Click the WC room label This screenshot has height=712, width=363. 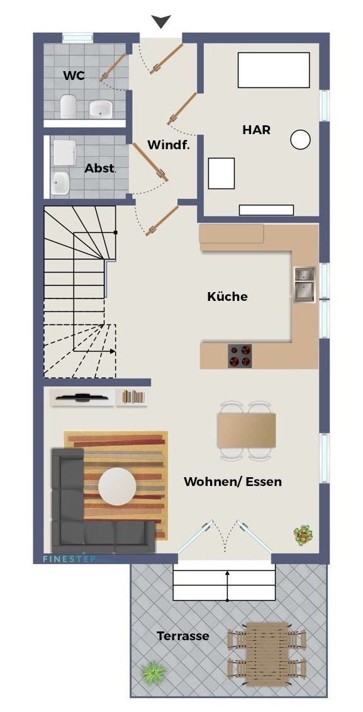pyautogui.click(x=74, y=76)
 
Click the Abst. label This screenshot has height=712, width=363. pyautogui.click(x=100, y=168)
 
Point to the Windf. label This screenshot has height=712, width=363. pyautogui.click(x=168, y=145)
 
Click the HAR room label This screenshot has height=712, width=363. pyautogui.click(x=257, y=130)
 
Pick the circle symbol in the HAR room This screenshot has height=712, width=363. pyautogui.click(x=301, y=140)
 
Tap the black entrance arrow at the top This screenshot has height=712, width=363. pyautogui.click(x=162, y=22)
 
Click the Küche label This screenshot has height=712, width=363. pyautogui.click(x=227, y=297)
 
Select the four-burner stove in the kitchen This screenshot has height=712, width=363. pyautogui.click(x=239, y=356)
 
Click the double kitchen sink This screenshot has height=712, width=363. pyautogui.click(x=304, y=283)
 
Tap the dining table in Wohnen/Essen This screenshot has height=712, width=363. pyautogui.click(x=247, y=430)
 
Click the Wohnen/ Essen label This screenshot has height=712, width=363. pyautogui.click(x=233, y=482)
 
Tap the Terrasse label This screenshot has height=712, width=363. pyautogui.click(x=183, y=636)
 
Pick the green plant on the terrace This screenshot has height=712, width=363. pyautogui.click(x=153, y=672)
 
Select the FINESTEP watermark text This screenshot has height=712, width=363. pyautogui.click(x=69, y=558)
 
